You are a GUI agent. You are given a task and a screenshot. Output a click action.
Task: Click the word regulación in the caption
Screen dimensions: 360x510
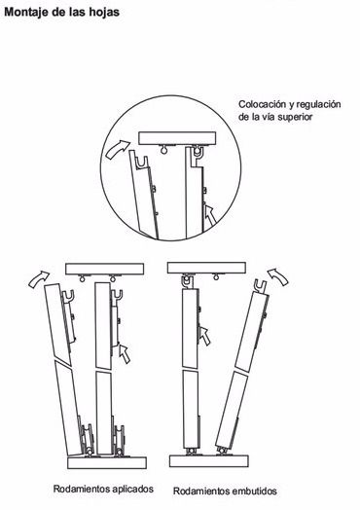(x=319, y=105)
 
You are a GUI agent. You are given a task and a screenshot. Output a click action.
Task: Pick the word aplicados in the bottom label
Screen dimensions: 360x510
(x=132, y=489)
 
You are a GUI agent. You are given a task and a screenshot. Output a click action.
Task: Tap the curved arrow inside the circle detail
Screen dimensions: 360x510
(x=117, y=149)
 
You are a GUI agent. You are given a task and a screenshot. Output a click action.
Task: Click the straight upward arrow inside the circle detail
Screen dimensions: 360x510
(x=210, y=215)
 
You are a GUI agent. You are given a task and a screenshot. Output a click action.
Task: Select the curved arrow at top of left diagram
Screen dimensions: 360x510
(x=39, y=279)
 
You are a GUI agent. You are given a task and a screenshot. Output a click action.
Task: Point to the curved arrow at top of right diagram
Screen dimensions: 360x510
(x=277, y=276)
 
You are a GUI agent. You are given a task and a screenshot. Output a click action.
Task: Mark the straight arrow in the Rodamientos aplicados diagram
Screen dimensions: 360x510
(x=125, y=354)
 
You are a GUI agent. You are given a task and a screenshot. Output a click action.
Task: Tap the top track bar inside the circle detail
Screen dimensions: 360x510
(x=177, y=138)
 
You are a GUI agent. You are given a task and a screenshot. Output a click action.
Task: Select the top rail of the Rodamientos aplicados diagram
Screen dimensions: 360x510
(x=105, y=269)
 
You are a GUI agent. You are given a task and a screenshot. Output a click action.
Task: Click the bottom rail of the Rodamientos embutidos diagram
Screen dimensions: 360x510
(x=209, y=461)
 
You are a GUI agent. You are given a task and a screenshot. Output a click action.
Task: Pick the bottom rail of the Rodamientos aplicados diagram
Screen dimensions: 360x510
(x=107, y=463)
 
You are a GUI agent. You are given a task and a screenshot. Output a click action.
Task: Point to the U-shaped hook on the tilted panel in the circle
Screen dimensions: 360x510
(x=142, y=163)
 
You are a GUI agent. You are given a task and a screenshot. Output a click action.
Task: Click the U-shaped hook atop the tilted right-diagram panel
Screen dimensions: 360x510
(x=261, y=286)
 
